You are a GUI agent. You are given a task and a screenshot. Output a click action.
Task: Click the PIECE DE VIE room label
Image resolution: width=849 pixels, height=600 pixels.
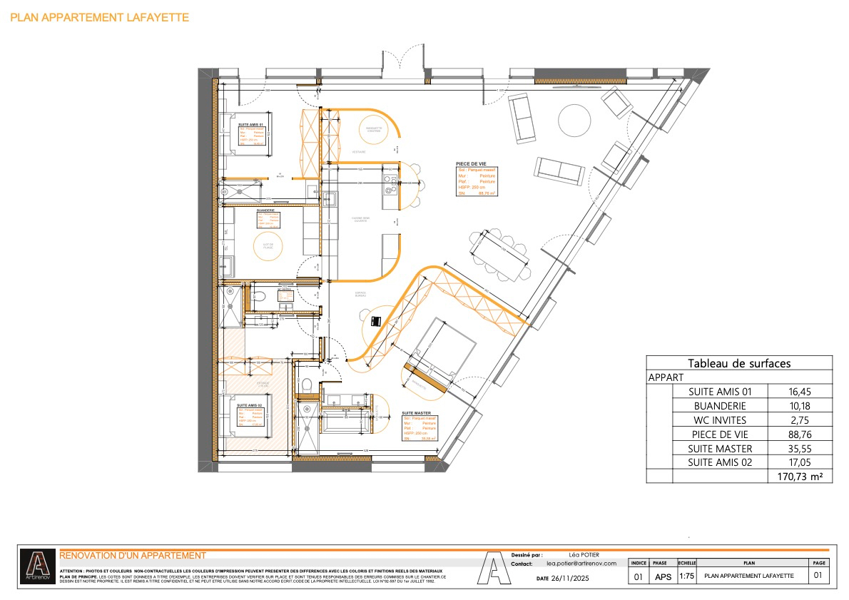[471, 163]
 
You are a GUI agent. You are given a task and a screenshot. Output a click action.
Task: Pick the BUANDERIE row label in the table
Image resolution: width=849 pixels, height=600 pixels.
[720, 405]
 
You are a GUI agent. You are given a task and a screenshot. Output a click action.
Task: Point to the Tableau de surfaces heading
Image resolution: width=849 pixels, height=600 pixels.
[738, 363]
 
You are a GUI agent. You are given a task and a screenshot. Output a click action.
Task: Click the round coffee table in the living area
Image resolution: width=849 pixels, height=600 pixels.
[573, 121]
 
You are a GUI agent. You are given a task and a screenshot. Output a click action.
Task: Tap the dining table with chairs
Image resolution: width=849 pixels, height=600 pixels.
[499, 254]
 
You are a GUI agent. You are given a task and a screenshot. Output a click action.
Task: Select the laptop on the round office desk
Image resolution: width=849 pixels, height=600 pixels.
[376, 322]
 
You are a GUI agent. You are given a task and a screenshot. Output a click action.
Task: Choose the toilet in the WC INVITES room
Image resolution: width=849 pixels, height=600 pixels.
[260, 296]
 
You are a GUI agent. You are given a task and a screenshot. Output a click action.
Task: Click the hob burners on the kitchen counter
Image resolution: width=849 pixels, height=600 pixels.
[391, 185]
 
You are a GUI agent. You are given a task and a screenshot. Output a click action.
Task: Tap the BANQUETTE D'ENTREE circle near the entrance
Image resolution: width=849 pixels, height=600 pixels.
[370, 128]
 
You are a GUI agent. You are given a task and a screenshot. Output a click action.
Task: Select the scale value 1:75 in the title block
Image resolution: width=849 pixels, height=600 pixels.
[686, 576]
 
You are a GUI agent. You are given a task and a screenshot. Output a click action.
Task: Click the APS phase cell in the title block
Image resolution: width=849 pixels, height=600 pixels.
[662, 576]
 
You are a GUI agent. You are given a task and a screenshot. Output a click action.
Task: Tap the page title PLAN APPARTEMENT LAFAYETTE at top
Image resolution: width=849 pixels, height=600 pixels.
[100, 17]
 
